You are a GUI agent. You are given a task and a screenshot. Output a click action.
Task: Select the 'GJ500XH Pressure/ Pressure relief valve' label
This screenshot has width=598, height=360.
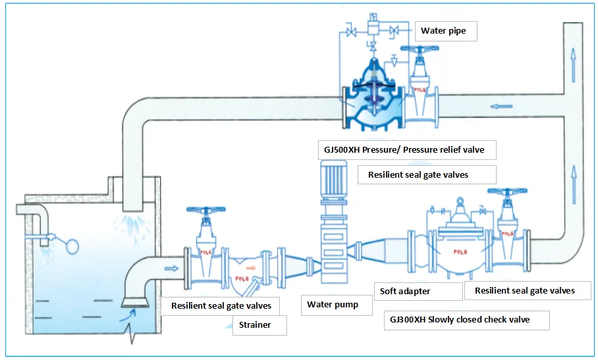[405, 150]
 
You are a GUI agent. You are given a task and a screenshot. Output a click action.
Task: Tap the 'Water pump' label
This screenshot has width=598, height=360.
[333, 305]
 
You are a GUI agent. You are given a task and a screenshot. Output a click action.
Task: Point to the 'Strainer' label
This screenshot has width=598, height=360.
[256, 324]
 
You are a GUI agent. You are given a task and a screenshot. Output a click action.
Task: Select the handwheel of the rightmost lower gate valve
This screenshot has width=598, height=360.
[506, 193]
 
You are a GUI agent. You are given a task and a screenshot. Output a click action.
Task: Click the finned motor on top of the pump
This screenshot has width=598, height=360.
[333, 180]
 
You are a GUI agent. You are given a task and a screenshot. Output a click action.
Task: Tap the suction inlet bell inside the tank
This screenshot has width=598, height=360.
[134, 302]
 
